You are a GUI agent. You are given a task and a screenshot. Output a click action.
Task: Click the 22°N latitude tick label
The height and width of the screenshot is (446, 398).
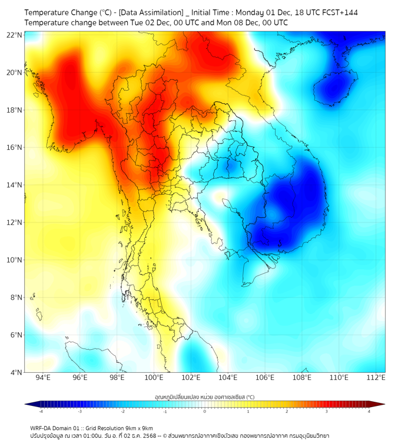coord(15,35)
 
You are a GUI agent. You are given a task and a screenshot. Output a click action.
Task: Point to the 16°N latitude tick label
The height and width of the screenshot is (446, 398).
coord(15,147)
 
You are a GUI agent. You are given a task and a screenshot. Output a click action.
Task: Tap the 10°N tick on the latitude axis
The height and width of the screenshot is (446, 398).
coord(15,260)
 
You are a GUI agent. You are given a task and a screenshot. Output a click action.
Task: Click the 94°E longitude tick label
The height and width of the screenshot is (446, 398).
coord(43,378)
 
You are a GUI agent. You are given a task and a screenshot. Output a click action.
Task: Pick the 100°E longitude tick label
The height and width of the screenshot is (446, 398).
coord(154,378)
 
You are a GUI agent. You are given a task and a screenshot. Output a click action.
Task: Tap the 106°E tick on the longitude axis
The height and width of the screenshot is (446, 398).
coord(266,378)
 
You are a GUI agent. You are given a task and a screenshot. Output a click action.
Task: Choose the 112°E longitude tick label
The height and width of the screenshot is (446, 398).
coord(376,378)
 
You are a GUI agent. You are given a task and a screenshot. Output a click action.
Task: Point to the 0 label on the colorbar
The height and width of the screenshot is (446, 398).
coord(205,412)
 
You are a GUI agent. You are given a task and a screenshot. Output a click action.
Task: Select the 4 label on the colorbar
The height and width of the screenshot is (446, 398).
coord(369,412)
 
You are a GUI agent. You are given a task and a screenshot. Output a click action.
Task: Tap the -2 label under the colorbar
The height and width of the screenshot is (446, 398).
coord(122,412)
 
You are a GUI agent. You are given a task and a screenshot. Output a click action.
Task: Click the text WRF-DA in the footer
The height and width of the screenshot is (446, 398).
coord(43,428)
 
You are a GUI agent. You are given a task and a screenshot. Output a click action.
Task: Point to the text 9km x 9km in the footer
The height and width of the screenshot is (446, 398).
coord(136,428)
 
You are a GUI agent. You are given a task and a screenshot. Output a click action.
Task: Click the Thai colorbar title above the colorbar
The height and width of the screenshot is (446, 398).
coord(204,397)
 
